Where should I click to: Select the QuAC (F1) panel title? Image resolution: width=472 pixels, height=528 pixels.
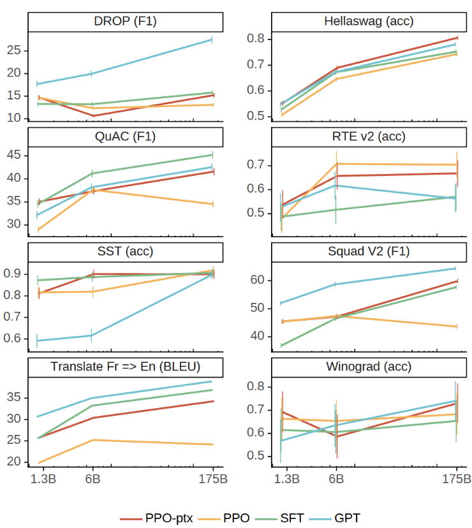pos(125,136)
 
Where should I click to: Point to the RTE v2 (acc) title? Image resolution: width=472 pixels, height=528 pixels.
pos(369,136)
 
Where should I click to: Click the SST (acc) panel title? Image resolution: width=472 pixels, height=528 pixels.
pos(125,251)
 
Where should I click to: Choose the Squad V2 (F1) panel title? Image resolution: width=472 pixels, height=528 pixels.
pos(369,251)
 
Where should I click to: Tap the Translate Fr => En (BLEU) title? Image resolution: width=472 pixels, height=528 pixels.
pos(125,366)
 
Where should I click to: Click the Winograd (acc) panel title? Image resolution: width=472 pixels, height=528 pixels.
pos(369,366)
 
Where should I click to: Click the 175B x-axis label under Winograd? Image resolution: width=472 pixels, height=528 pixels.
pos(457,479)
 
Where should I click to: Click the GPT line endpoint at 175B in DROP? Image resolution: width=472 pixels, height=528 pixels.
pos(211,40)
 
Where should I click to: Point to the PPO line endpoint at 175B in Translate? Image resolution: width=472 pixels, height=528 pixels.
pos(213,444)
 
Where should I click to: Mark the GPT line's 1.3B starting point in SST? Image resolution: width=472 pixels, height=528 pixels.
pos(38,341)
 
